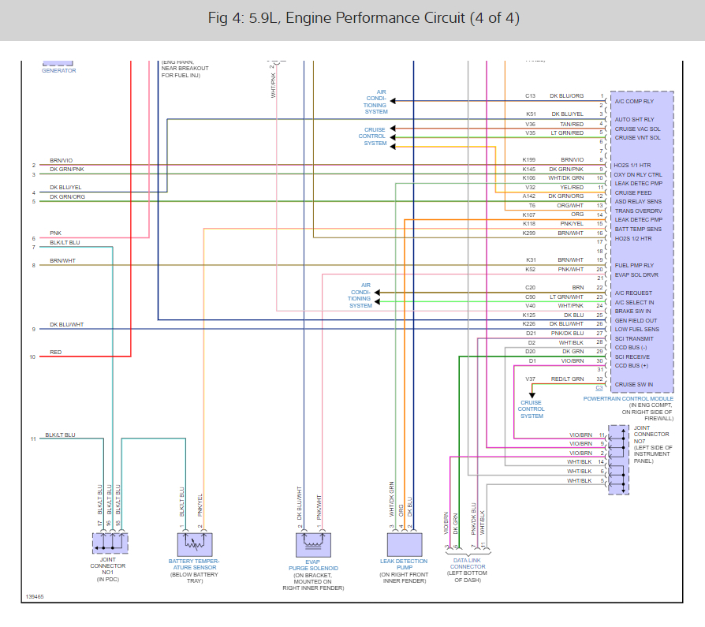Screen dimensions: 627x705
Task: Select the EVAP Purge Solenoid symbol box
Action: point(313,543)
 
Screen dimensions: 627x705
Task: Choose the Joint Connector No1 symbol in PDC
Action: point(110,543)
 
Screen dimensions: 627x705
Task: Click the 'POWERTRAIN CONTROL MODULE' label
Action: point(628,399)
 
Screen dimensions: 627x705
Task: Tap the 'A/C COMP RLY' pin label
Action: point(634,102)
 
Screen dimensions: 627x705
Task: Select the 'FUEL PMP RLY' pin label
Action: point(634,266)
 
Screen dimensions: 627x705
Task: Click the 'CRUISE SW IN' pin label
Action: point(634,384)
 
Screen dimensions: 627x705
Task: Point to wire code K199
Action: point(528,160)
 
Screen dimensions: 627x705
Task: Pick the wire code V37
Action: point(531,379)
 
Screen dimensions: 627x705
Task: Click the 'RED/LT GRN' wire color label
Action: point(567,379)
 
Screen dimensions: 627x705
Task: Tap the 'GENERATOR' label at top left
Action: point(58,71)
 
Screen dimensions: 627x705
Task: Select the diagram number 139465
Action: point(34,597)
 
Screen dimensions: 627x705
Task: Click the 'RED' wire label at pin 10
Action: point(55,353)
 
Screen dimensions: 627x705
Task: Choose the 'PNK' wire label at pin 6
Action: point(55,233)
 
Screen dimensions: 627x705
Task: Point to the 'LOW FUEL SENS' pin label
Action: point(636,330)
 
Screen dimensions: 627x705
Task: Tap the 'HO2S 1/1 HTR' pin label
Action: point(634,165)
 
